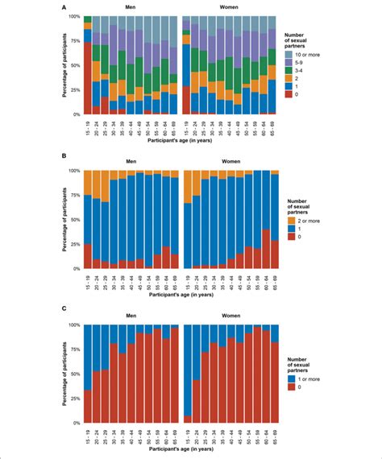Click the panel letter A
[63, 6]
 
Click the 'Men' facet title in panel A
[131, 7]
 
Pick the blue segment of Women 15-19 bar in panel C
[188, 370]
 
